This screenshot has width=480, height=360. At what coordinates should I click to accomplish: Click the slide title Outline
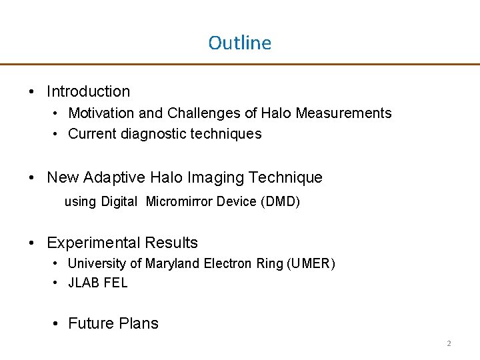[x=239, y=43]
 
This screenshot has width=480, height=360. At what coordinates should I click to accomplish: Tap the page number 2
[x=449, y=344]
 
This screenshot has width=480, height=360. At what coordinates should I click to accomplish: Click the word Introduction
[x=89, y=91]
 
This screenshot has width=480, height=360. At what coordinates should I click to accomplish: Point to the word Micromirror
[x=179, y=202]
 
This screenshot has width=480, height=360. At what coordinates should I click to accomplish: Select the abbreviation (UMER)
[x=311, y=263]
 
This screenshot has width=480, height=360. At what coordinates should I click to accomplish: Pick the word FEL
[x=115, y=283]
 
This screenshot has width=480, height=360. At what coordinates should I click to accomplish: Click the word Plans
[x=139, y=324]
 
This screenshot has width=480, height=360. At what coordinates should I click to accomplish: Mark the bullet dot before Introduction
[x=33, y=92]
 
